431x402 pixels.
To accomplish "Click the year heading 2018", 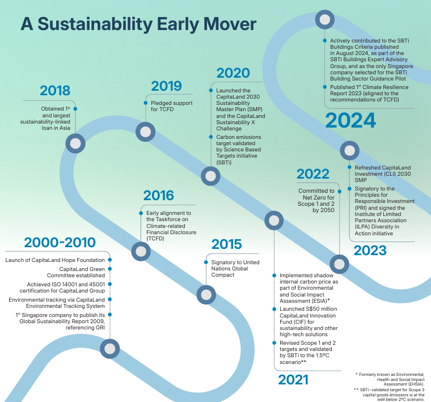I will coord(55,91).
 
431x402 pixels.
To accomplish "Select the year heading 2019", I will coord(166,86).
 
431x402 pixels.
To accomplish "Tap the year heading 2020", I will coord(233,73).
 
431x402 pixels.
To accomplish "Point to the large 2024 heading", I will coord(350,120).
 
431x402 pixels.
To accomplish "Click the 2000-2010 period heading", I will coord(60,243).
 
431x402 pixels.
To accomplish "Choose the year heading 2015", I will coord(226,244).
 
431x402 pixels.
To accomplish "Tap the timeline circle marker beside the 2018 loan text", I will coord(75,143).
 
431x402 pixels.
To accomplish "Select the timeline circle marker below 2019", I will coord(145,132).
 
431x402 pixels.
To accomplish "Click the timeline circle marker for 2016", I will coord(140,251).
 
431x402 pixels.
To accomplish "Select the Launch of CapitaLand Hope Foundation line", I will coord(56,260).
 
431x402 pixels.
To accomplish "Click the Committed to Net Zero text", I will coord(316,200).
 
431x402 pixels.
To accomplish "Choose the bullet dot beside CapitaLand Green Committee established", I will coord(109,269).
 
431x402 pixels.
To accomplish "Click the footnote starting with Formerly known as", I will coord(391,379).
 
